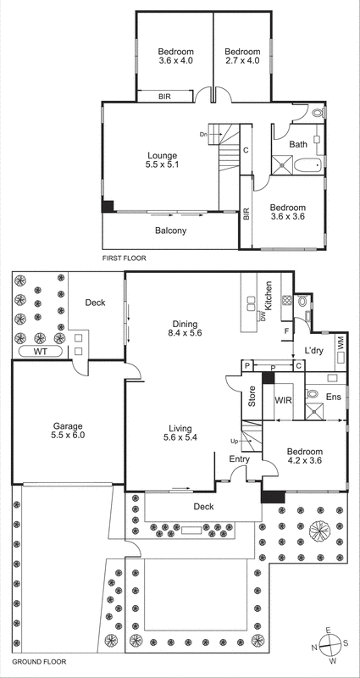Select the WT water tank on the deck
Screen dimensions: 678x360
click(x=40, y=350)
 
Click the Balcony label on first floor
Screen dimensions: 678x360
click(x=170, y=231)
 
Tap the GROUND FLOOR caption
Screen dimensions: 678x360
click(x=36, y=660)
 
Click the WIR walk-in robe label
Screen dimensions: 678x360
click(x=282, y=398)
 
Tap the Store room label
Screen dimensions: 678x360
click(x=252, y=397)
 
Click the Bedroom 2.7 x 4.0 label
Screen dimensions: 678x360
click(x=242, y=55)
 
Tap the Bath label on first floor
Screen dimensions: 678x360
click(x=298, y=144)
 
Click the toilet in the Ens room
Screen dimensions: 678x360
click(x=311, y=394)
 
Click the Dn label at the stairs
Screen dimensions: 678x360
click(x=203, y=135)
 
